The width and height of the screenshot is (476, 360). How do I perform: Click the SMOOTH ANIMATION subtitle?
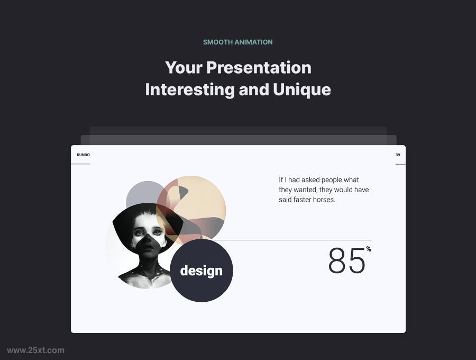tap(238, 42)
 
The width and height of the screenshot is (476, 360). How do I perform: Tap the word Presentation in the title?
tap(259, 68)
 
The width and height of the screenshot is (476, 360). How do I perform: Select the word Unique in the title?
tap(302, 89)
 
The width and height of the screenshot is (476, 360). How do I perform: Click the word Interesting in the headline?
tap(190, 89)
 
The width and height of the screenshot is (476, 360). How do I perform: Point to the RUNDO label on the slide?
tap(83, 155)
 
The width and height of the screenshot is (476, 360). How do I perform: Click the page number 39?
tap(398, 155)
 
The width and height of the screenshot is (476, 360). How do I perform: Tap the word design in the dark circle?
tap(201, 271)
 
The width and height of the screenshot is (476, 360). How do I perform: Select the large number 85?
tap(346, 261)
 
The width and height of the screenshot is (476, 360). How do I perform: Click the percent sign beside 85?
tap(369, 249)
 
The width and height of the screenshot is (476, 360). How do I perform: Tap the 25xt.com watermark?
tap(35, 350)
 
